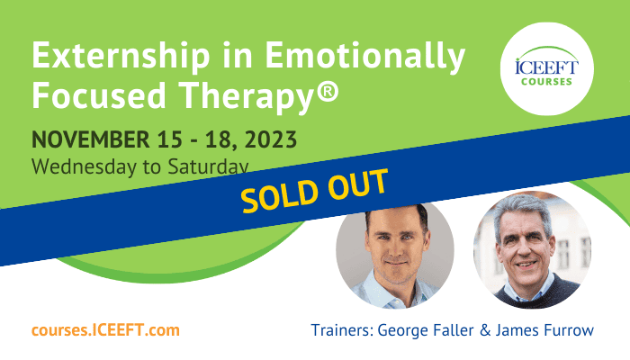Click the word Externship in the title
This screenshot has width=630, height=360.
(121, 56)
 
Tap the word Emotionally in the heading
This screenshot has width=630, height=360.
(364, 57)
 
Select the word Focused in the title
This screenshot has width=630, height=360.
(99, 94)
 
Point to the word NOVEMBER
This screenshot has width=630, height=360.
(91, 139)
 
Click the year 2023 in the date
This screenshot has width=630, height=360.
(270, 139)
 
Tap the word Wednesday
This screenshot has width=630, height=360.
(84, 166)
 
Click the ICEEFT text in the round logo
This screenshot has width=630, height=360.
(546, 67)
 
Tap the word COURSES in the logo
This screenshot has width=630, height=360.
(546, 82)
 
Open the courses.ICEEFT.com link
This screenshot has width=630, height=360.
(105, 330)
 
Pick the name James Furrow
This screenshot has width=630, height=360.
(544, 330)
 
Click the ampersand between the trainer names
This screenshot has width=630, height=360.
(485, 330)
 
